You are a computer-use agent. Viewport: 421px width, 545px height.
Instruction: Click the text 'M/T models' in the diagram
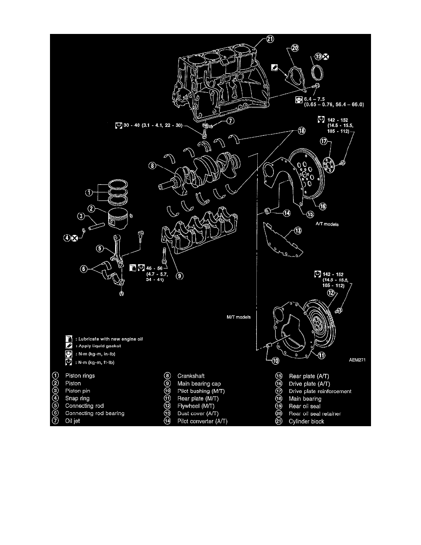coord(236,317)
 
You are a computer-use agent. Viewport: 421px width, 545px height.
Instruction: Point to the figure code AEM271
coord(358,360)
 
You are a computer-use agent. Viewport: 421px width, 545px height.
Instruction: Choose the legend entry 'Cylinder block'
coord(306,421)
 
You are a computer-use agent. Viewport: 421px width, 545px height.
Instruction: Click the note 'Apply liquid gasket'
coord(98,346)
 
